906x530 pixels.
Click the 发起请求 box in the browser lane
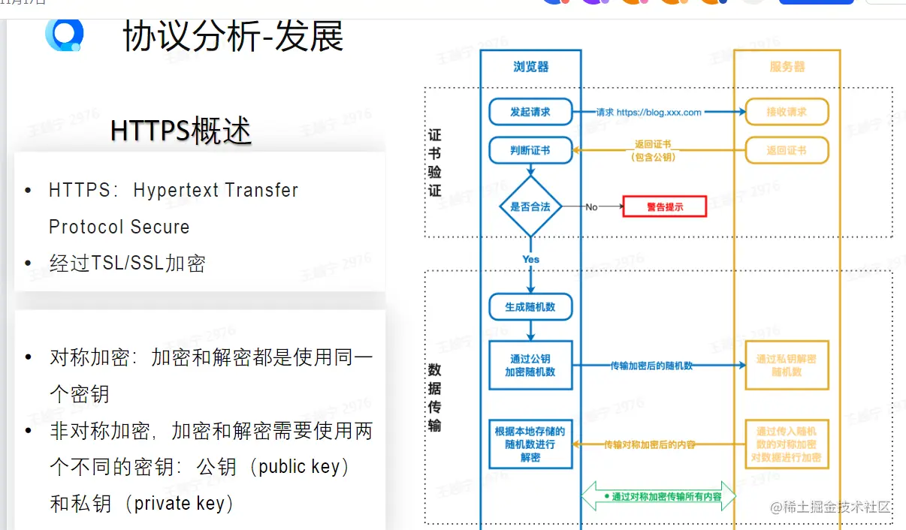click(x=530, y=112)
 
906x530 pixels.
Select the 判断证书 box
click(x=530, y=150)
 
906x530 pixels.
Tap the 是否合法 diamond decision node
click(x=530, y=206)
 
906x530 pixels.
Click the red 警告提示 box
click(x=665, y=206)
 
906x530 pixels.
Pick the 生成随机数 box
click(x=530, y=306)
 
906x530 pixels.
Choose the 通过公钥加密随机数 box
click(x=530, y=366)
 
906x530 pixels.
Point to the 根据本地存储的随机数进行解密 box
click(x=530, y=444)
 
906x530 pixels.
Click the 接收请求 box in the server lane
click(x=787, y=112)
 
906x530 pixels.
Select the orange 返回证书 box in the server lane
click(x=787, y=150)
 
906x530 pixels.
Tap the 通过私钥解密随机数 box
click(x=787, y=366)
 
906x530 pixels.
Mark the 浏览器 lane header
click(x=531, y=67)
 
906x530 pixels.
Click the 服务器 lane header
click(x=787, y=67)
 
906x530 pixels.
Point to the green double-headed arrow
click(x=659, y=497)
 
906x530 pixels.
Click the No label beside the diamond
click(x=591, y=206)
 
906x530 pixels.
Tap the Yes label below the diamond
click(x=531, y=259)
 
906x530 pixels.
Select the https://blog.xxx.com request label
click(x=659, y=113)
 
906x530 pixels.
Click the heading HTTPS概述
click(x=181, y=131)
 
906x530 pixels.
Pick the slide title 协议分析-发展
click(x=233, y=37)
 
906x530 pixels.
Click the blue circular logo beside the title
click(x=65, y=34)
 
